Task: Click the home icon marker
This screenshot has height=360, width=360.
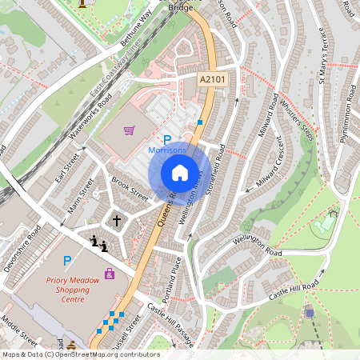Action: (x=180, y=173)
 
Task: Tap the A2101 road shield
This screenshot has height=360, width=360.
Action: (x=211, y=79)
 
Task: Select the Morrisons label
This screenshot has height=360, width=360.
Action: (x=168, y=150)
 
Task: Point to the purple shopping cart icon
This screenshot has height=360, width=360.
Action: (x=129, y=130)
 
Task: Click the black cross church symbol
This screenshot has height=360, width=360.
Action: (x=116, y=219)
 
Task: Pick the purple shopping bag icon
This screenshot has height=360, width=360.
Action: (x=110, y=274)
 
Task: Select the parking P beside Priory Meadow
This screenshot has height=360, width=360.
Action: (x=66, y=260)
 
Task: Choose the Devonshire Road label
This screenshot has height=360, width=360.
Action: (x=22, y=248)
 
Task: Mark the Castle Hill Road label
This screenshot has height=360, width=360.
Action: (x=294, y=290)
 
